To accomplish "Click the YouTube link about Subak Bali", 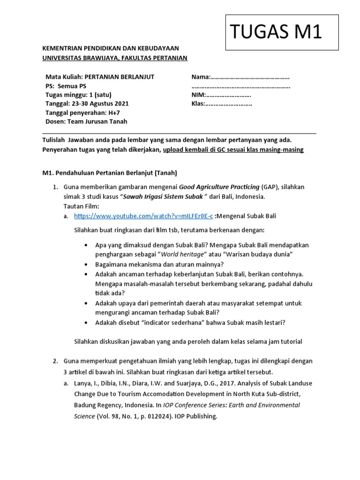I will [143, 216].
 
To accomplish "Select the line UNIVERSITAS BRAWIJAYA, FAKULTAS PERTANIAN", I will [115, 58].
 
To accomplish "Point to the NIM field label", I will [199, 95].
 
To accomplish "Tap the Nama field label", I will [201, 77].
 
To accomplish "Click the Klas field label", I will [199, 104].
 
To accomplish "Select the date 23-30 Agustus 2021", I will [100, 104].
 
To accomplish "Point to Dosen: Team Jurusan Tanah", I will [86, 122].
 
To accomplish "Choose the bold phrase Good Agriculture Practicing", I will [220, 187].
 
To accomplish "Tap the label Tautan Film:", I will [81, 206].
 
